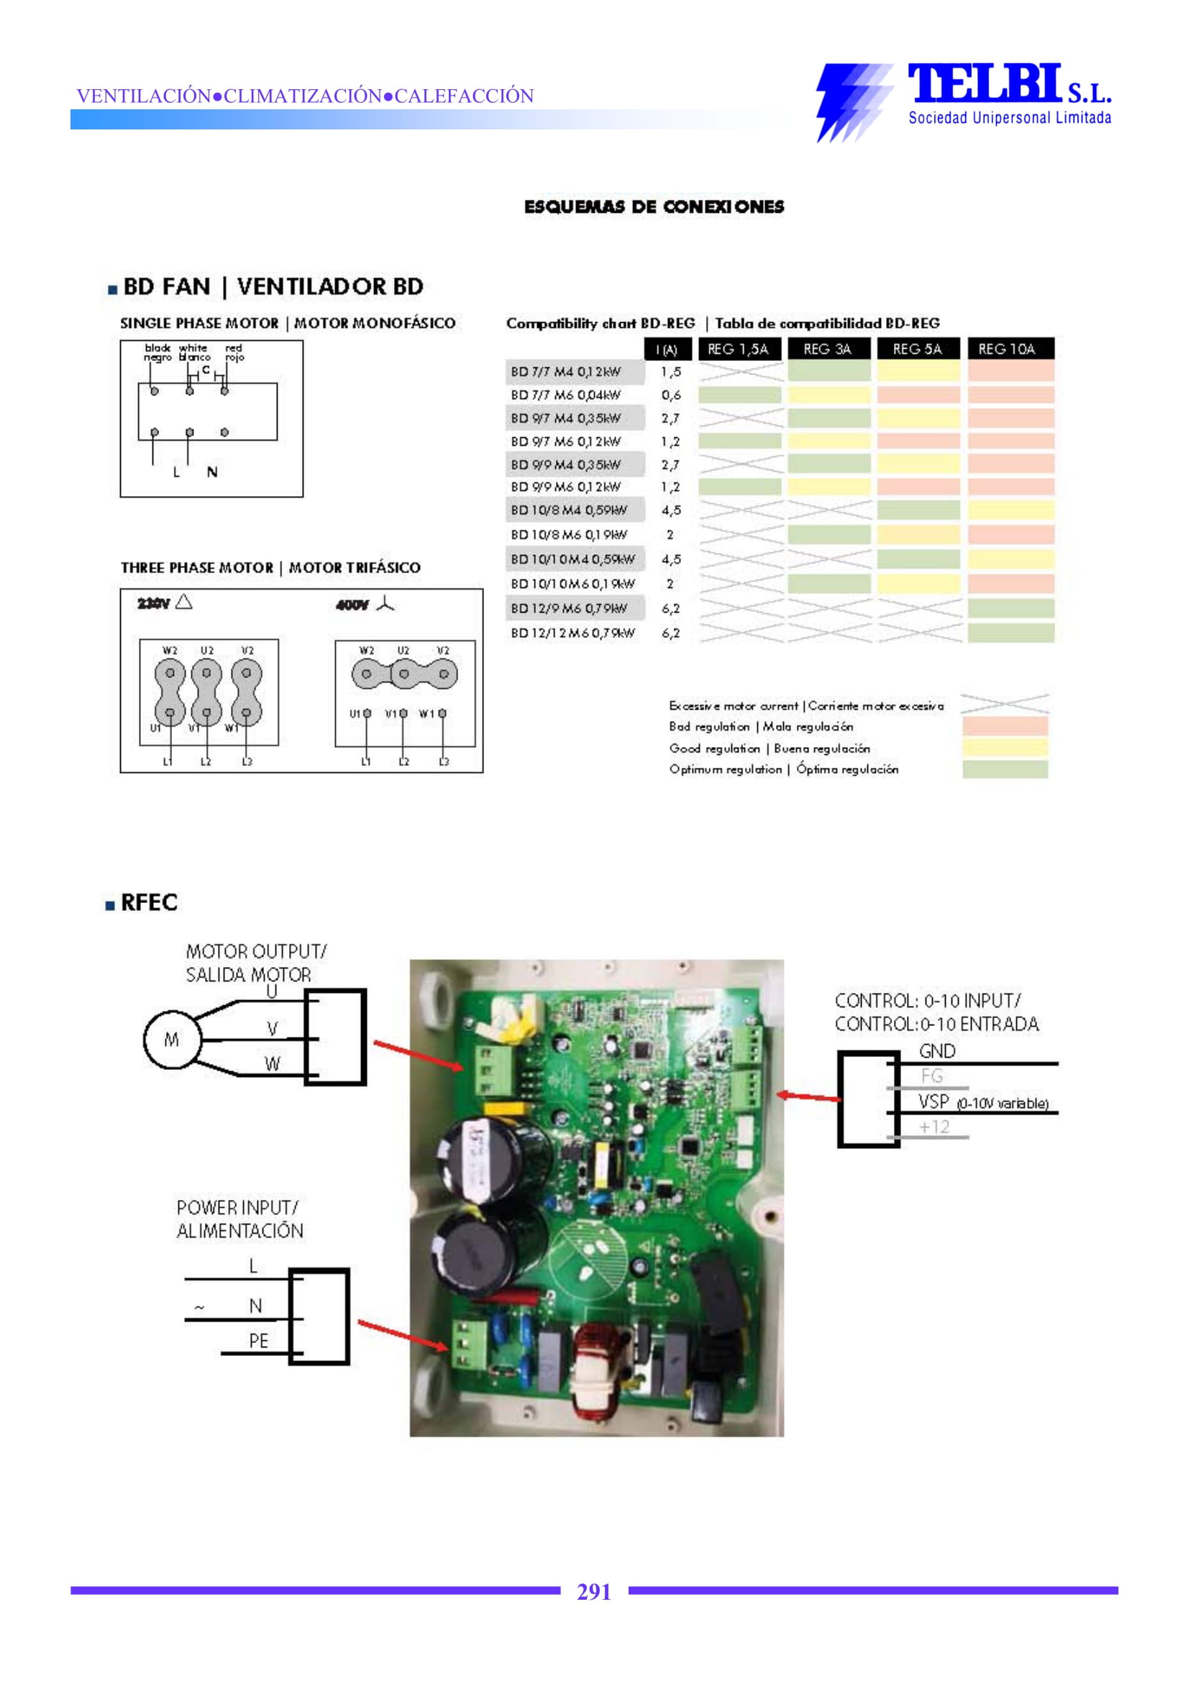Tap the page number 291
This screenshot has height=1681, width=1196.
point(593,1591)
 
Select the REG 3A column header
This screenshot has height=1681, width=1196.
point(828,349)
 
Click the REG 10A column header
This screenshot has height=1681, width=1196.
point(1009,349)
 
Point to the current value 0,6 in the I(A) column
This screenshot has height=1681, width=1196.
point(670,395)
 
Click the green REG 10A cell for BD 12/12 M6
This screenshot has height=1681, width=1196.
point(1010,633)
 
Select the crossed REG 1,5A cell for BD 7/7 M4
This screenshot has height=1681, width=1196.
point(739,372)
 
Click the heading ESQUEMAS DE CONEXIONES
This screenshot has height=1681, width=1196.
point(653,207)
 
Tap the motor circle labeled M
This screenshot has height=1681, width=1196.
point(171,1039)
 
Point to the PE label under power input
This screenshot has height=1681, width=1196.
point(257,1340)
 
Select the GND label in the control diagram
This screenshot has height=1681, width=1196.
point(936,1050)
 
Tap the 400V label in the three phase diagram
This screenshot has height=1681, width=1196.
point(351,605)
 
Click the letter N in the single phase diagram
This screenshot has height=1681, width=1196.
point(212,472)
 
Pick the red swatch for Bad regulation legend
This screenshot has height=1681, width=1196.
point(1005,726)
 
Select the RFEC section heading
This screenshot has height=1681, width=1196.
point(149,902)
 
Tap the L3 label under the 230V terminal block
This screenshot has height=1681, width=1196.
point(247,761)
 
